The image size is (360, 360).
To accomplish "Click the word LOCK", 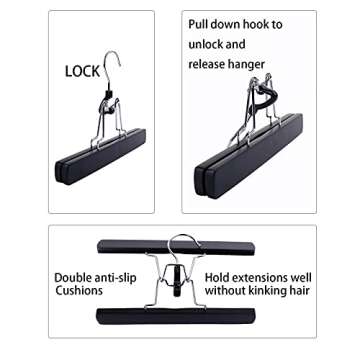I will coord(83,72).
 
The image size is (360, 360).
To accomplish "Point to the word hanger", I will coord(250,65).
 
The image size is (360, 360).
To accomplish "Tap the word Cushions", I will coord(79,291).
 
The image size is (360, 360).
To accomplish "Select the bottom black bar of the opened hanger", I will coord(176,316).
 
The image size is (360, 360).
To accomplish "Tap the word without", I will coord(226,291).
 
